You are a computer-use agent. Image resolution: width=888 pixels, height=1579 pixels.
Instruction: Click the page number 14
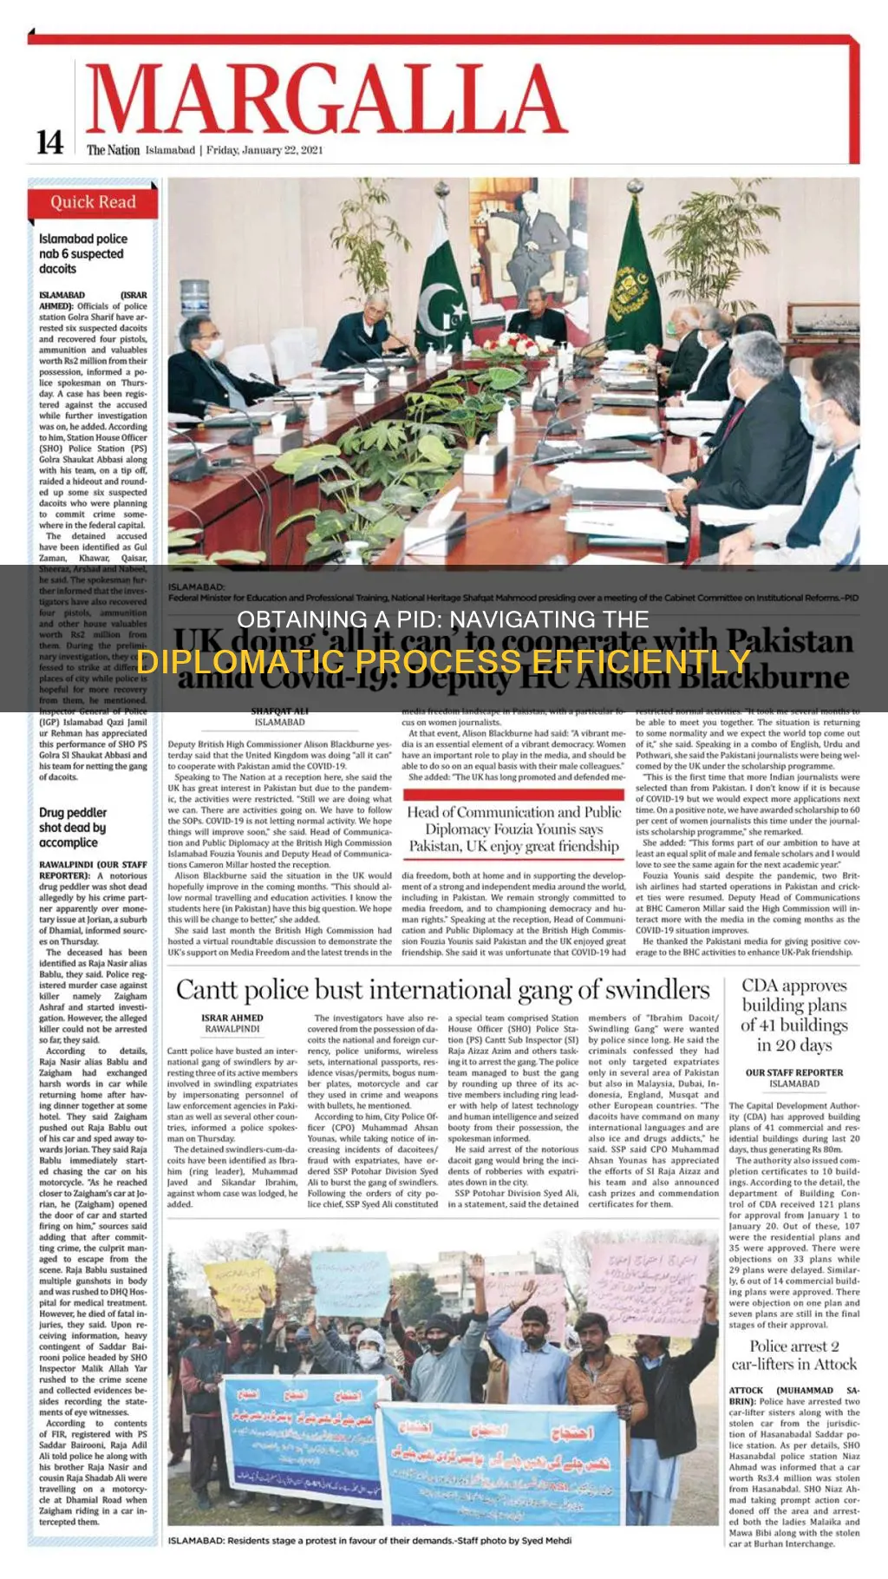coord(49,142)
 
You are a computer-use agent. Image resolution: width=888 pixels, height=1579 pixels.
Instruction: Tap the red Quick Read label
coord(93,203)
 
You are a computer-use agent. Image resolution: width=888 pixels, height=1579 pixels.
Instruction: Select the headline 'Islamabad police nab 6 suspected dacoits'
coord(83,253)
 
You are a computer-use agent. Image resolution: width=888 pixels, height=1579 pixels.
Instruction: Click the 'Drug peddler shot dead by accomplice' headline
coord(73,827)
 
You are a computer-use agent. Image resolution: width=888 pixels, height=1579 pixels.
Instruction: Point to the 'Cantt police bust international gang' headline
coord(442,989)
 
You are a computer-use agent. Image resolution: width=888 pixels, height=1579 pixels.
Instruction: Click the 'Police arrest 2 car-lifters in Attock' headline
coord(793,1355)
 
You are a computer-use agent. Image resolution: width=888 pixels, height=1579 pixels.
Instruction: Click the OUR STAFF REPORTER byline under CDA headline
coord(793,1072)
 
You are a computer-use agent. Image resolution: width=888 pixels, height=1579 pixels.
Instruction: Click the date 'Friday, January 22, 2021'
coord(264,150)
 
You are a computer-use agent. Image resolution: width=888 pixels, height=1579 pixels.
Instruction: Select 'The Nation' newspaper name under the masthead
coord(113,150)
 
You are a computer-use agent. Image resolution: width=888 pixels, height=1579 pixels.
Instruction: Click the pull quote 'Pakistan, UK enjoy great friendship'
coord(514,846)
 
